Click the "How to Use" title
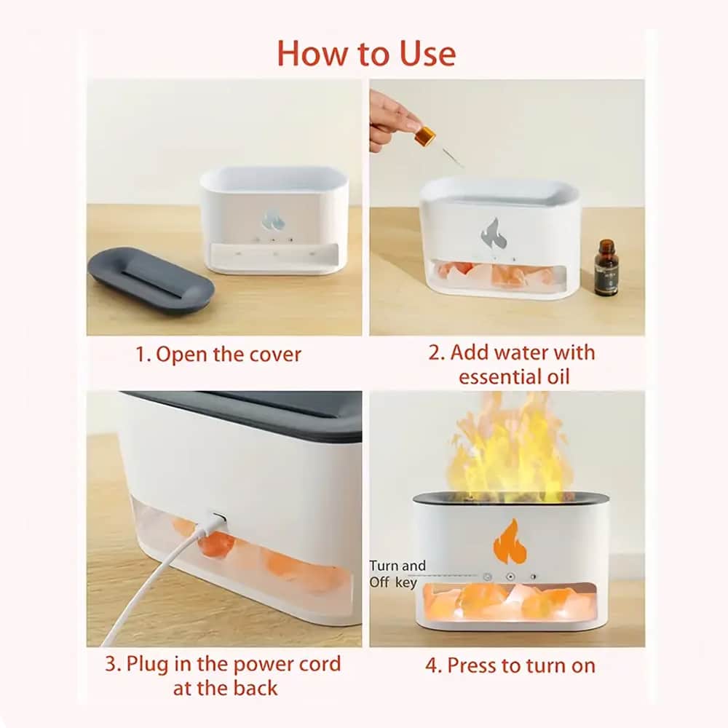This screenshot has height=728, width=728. pyautogui.click(x=366, y=54)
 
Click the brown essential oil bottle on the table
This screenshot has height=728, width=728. pyautogui.click(x=606, y=267)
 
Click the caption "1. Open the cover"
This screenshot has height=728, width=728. pyautogui.click(x=218, y=355)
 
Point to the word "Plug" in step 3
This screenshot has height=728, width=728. pyautogui.click(x=148, y=665)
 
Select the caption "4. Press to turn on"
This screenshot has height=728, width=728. pyautogui.click(x=510, y=666)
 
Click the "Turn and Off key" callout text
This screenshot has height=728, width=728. pyautogui.click(x=397, y=574)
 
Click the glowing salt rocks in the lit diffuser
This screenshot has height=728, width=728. pyautogui.click(x=510, y=602)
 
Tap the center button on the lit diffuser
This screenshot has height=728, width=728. pyautogui.click(x=510, y=577)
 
